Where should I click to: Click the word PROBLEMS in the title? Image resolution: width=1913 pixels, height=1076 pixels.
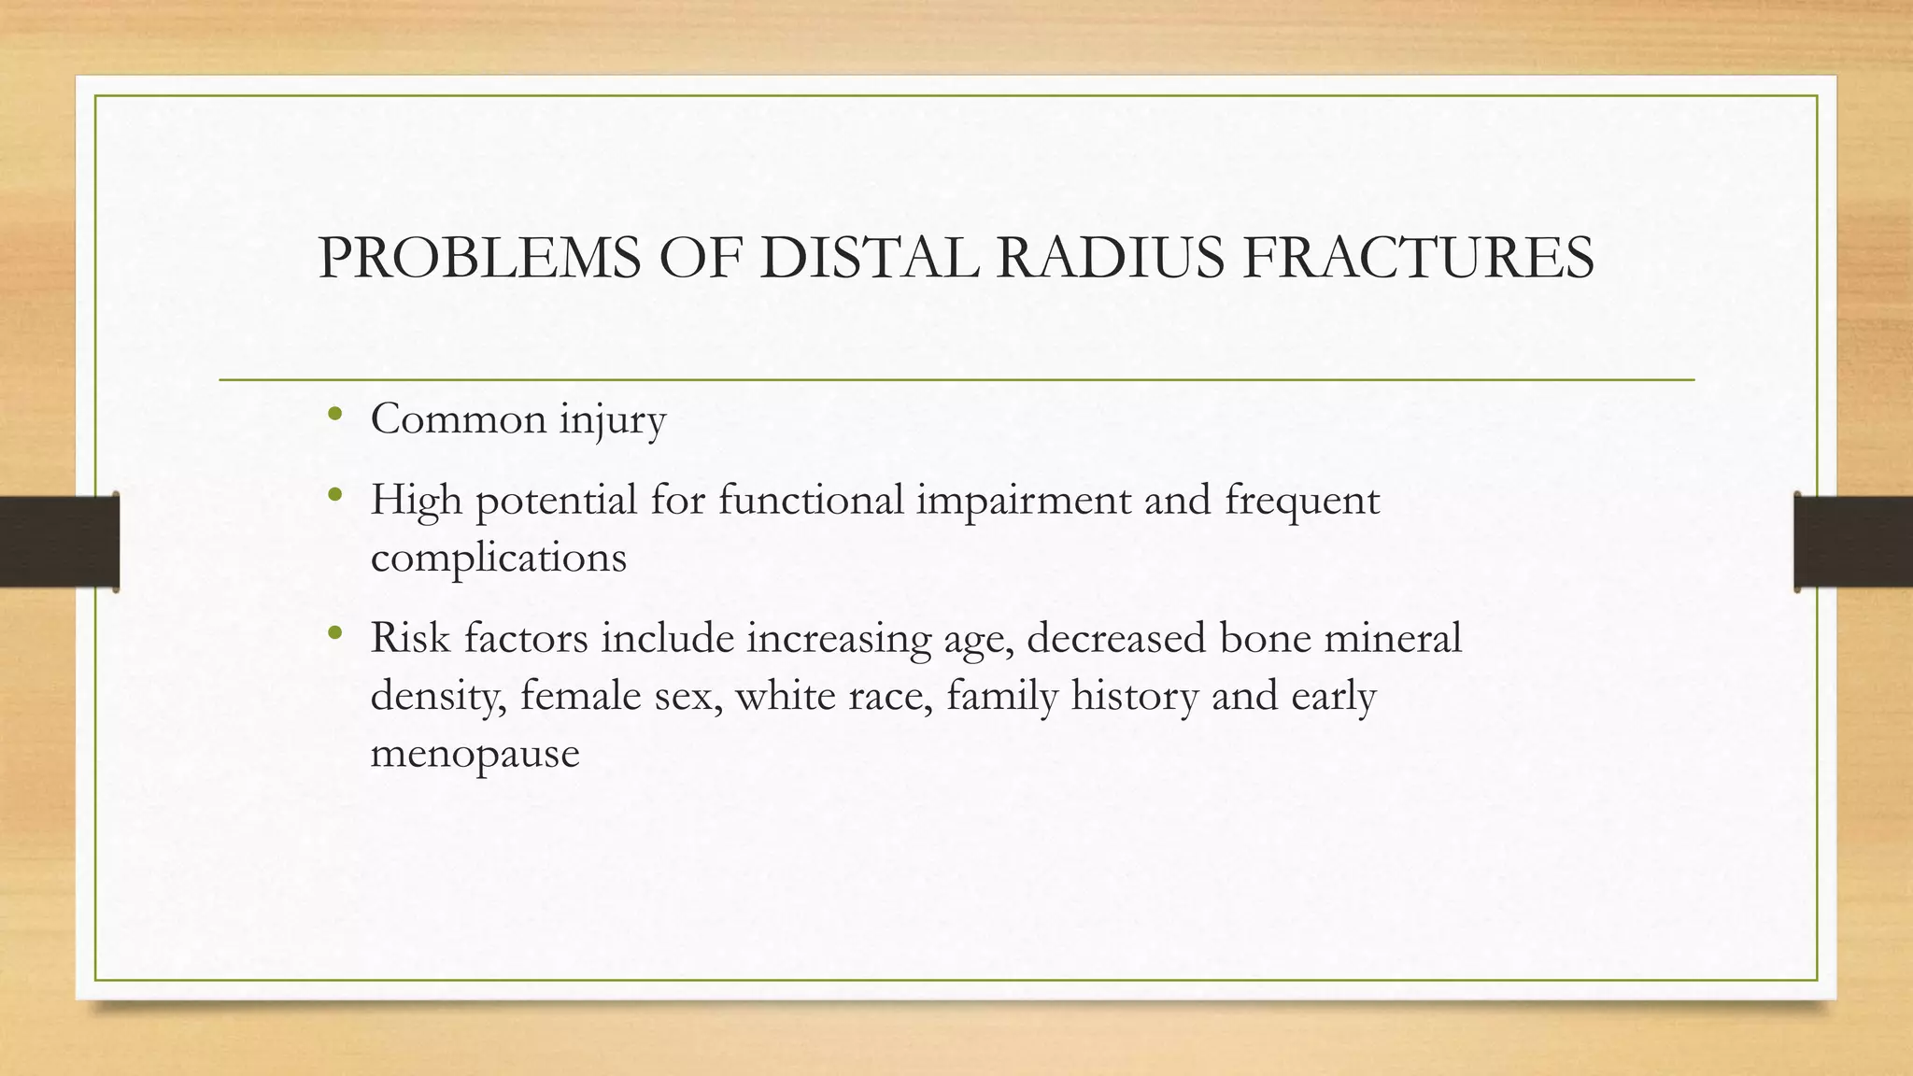click(479, 258)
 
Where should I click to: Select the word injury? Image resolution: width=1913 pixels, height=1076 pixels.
click(612, 419)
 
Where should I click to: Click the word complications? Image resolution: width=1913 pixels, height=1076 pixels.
click(498, 559)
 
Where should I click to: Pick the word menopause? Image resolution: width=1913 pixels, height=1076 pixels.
click(475, 753)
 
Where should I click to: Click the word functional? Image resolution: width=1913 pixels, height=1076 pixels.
click(811, 501)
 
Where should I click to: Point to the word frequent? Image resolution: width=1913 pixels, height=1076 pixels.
click(1301, 501)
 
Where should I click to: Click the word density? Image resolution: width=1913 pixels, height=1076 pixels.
click(438, 697)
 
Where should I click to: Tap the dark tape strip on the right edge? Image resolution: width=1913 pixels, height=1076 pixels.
click(1853, 542)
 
